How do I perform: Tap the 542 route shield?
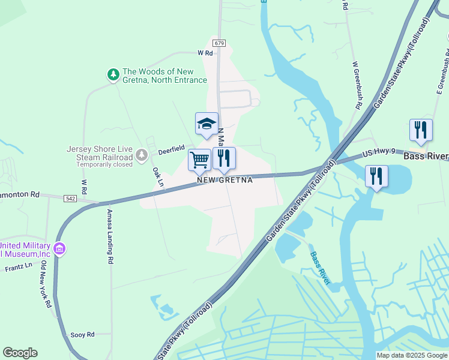tap(71, 199)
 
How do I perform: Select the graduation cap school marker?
tap(206, 124)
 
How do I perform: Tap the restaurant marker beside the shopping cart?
tap(224, 159)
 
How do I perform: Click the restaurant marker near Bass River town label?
tap(421, 130)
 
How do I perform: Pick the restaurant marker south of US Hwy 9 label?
tap(376, 176)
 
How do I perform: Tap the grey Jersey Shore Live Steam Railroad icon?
tap(141, 155)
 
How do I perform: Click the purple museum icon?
tap(59, 248)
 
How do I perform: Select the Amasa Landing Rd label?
tap(110, 237)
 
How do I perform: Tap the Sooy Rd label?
tap(82, 334)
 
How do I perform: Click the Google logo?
tap(20, 353)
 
